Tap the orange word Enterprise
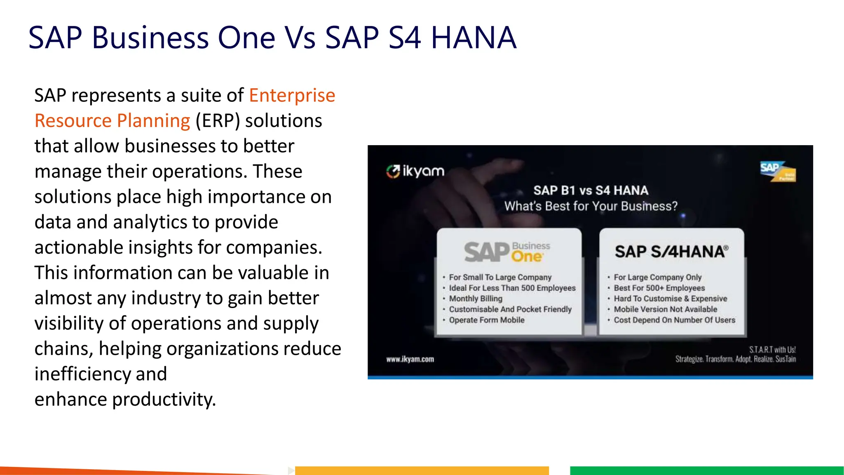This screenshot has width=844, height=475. (x=292, y=95)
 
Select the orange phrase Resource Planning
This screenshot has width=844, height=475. (x=112, y=121)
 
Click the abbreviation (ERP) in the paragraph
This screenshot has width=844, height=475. (x=218, y=121)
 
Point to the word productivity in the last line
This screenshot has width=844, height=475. (x=164, y=399)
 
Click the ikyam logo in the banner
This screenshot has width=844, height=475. (x=415, y=171)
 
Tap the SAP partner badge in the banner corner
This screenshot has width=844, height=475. (x=778, y=172)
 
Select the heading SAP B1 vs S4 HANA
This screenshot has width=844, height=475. (x=591, y=190)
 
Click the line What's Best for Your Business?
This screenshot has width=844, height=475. (x=591, y=206)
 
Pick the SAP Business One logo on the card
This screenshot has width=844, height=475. (x=507, y=252)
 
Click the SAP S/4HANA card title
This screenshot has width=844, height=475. (x=671, y=252)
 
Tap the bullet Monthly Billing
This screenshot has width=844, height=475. (x=476, y=299)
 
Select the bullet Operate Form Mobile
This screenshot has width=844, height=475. (x=487, y=320)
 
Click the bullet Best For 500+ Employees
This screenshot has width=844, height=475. (x=659, y=288)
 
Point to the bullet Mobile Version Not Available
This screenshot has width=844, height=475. (x=665, y=309)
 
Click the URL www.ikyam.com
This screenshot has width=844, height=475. (x=410, y=359)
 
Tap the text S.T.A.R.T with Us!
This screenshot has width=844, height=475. (x=772, y=350)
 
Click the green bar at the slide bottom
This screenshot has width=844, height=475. (x=706, y=470)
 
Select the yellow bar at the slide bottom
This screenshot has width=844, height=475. (x=422, y=470)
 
